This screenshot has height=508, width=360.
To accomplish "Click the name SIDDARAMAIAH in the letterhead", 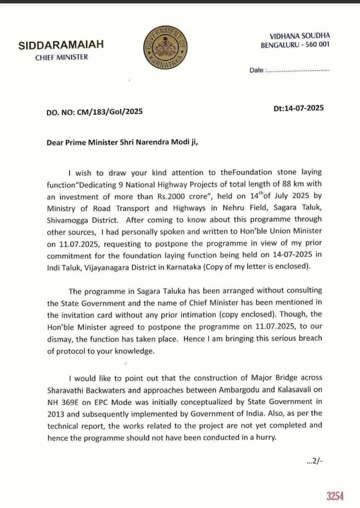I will (x=61, y=46).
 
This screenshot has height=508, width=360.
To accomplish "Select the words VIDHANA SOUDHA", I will (x=300, y=36).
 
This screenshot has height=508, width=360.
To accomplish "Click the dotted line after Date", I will (x=298, y=70).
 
